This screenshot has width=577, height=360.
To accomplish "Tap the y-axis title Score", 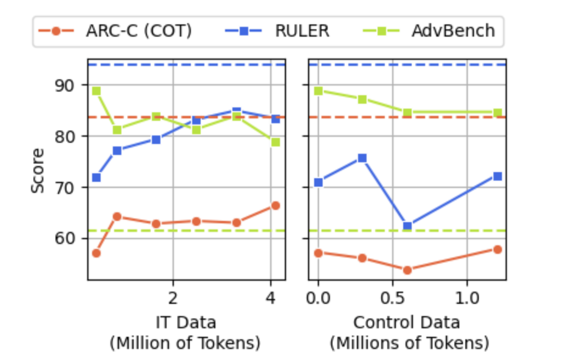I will tap(38, 170).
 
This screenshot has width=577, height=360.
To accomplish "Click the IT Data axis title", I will tap(185, 322).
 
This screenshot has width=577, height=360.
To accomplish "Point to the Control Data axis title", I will tap(407, 322).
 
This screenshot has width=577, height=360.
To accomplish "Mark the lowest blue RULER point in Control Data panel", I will tap(407, 226).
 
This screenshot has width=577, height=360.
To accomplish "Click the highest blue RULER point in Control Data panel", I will tap(362, 157).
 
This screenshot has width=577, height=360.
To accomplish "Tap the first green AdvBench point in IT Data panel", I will tap(96, 91).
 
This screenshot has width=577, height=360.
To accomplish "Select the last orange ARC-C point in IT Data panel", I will tap(276, 206).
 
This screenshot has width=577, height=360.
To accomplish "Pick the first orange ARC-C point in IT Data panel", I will tap(96, 253).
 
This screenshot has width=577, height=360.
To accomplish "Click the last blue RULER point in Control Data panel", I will tap(497, 176).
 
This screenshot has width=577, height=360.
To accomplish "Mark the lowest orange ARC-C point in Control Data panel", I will tap(407, 270).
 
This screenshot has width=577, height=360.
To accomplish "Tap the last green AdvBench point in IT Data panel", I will tap(276, 142).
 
